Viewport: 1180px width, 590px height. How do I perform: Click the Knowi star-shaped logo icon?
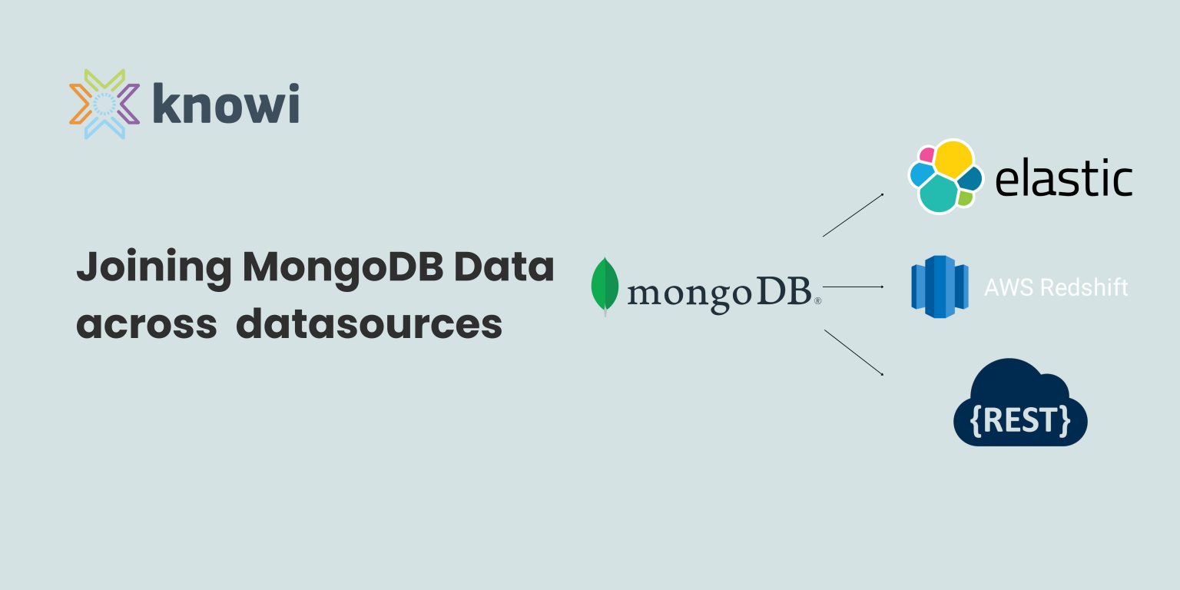click(x=104, y=104)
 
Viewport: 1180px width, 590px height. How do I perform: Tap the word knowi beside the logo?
click(x=225, y=104)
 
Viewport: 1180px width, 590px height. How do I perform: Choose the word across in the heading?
click(x=146, y=324)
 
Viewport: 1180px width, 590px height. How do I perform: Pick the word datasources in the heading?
click(x=369, y=324)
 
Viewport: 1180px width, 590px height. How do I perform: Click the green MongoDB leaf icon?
click(x=605, y=286)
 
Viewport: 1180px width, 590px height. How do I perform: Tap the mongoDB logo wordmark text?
click(x=719, y=293)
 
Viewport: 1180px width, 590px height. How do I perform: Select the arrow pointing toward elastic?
click(x=853, y=215)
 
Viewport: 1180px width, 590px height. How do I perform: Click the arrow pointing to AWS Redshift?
click(x=854, y=287)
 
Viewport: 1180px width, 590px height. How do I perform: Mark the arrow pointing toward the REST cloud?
click(x=854, y=353)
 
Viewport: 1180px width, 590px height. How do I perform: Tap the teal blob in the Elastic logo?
click(x=937, y=194)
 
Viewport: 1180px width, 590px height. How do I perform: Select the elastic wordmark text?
click(x=1063, y=179)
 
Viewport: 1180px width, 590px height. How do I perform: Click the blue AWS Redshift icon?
click(x=938, y=287)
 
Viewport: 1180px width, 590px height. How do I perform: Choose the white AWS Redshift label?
click(x=1056, y=287)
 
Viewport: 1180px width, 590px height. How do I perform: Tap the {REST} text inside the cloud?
click(x=1020, y=421)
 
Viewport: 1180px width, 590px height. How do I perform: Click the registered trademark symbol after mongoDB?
click(x=817, y=301)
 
